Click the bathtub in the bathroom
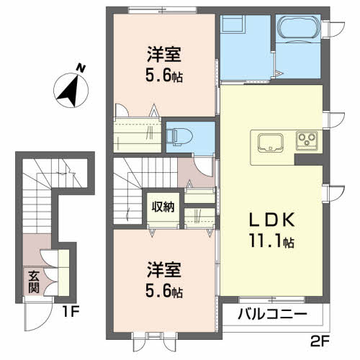[298, 27]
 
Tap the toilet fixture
[180, 137]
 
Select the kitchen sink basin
[270, 143]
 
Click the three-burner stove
[307, 140]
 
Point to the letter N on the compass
[81, 68]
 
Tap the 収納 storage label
[163, 207]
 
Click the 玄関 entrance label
[34, 282]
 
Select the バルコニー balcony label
[272, 314]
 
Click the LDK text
[272, 220]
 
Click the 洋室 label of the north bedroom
[164, 55]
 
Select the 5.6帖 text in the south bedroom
[164, 292]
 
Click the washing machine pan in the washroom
[233, 24]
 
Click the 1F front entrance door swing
[39, 317]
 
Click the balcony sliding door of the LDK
[271, 300]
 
